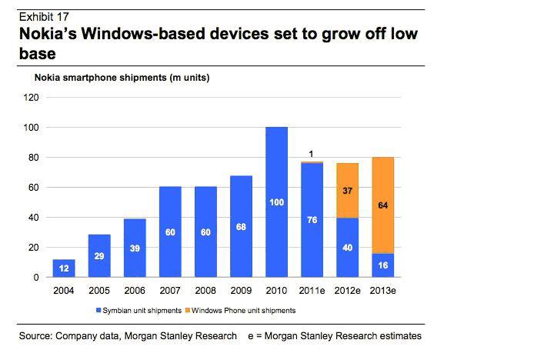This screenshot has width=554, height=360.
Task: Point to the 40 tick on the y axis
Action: (x=33, y=218)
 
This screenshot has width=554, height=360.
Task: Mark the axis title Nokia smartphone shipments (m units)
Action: (x=120, y=77)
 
